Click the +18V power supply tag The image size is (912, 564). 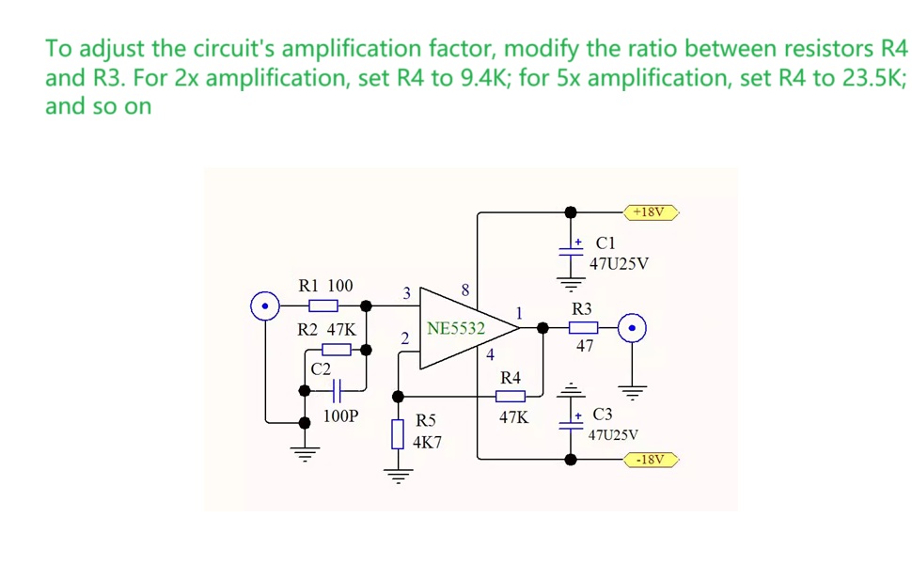(651, 212)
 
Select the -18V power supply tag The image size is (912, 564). (651, 460)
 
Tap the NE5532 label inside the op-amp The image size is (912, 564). (456, 328)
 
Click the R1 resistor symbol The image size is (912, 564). (323, 305)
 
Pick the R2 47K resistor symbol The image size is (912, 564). (337, 350)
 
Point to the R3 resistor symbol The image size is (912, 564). (583, 328)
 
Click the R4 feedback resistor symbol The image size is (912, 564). (511, 397)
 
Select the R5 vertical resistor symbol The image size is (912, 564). (398, 433)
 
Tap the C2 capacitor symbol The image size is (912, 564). (337, 391)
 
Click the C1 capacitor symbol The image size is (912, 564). (571, 252)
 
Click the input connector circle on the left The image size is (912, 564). (265, 305)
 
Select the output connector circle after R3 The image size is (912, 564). (632, 328)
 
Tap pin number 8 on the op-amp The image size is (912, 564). (465, 290)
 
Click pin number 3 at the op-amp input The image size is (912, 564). (406, 293)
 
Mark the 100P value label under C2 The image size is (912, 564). (341, 415)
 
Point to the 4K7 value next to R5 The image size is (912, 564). (427, 443)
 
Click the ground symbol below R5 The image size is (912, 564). (399, 476)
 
